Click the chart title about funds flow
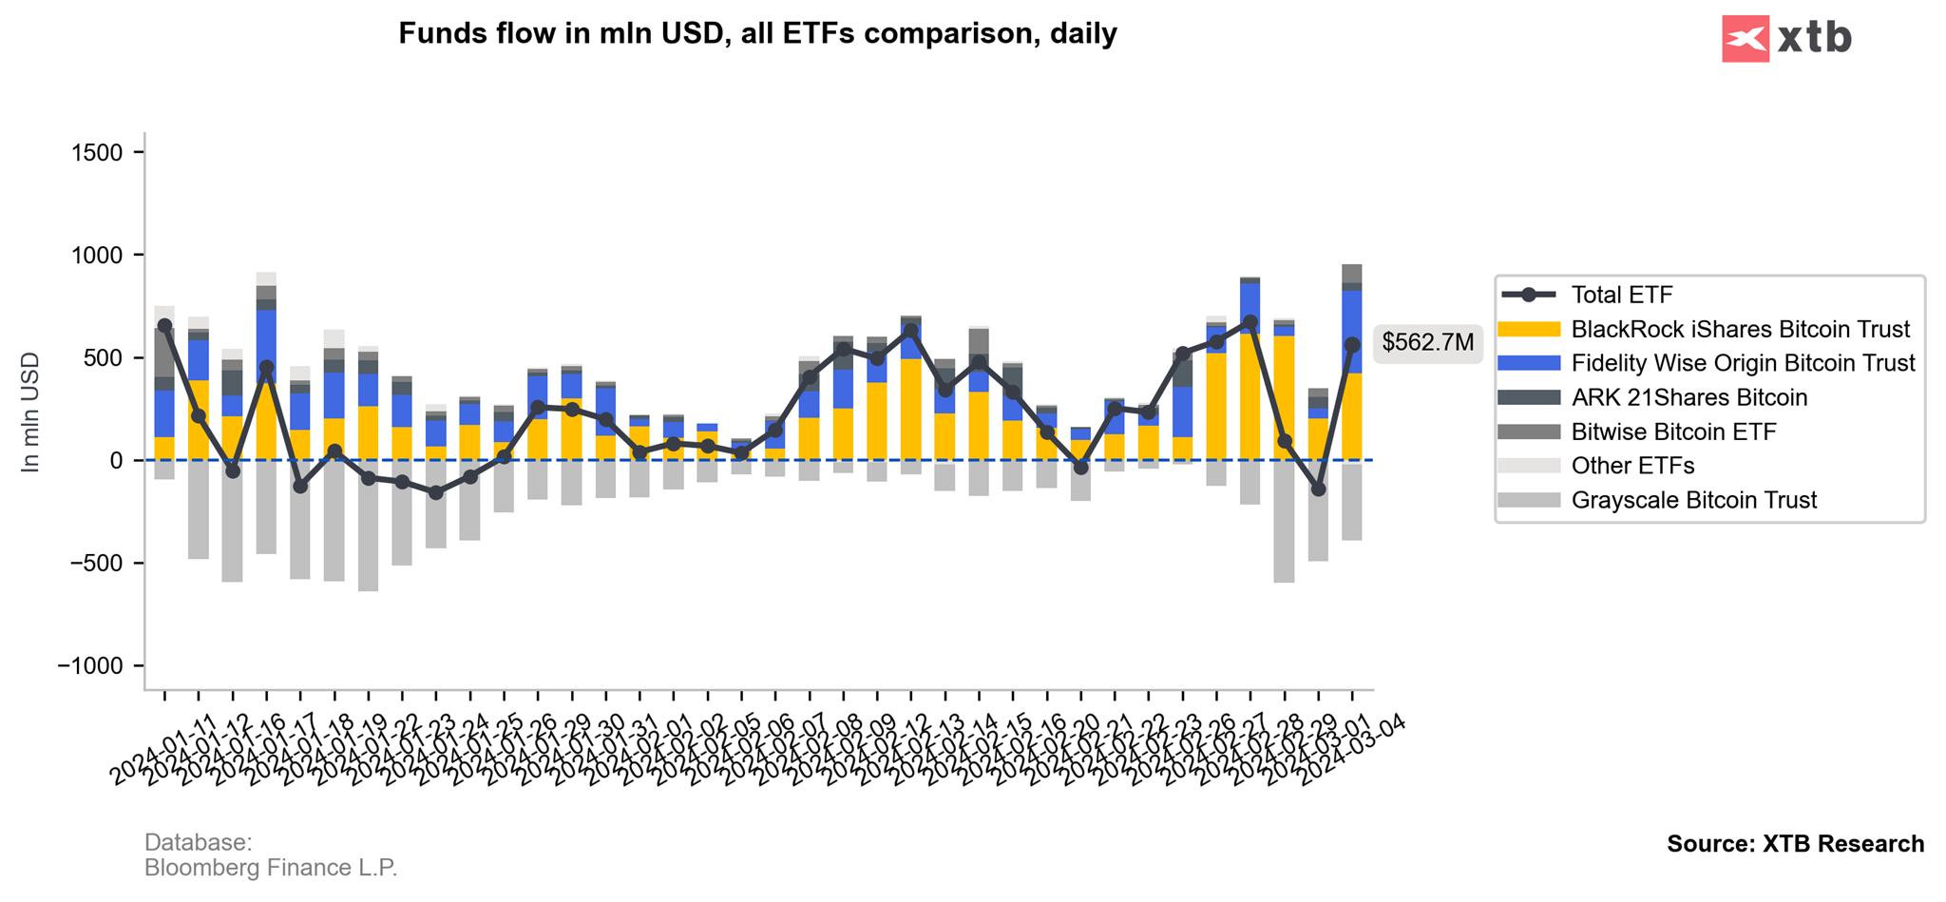coord(757,34)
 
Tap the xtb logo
coord(1786,38)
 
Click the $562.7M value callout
coord(1427,342)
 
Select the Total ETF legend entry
coord(1621,295)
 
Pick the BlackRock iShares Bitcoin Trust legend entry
coord(1740,329)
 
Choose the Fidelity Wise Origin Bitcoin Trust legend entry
coord(1743,363)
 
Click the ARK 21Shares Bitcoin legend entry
coord(1688,397)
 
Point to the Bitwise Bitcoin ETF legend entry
coord(1673,432)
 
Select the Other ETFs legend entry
coord(1632,466)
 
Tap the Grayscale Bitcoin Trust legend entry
coord(1693,500)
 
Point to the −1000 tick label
coord(91,666)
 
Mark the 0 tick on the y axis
coord(116,461)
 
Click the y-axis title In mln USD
coord(30,412)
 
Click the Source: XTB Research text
coord(1795,844)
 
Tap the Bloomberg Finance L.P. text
coord(271,868)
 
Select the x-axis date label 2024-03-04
coord(1354,751)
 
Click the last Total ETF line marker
coord(1352,344)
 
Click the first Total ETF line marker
coord(164,325)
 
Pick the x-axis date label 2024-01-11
coord(164,751)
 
